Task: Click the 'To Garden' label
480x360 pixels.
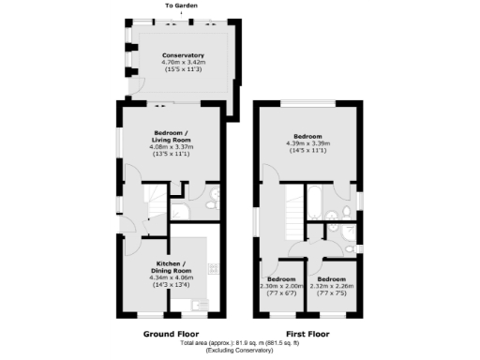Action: point(182,7)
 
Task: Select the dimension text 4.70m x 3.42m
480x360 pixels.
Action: point(182,62)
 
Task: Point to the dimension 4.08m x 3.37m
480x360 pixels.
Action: point(170,146)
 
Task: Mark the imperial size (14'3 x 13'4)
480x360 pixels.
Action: point(170,284)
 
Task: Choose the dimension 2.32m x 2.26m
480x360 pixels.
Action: point(332,288)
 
